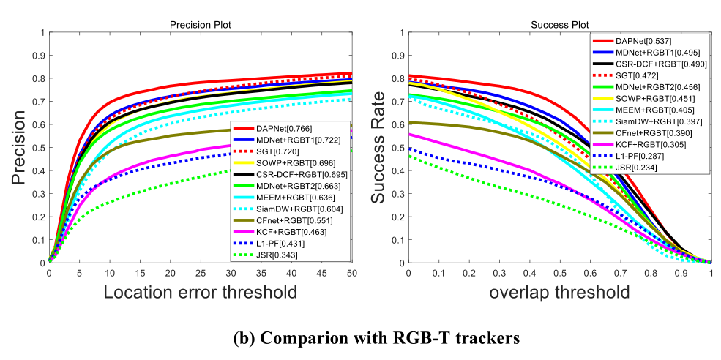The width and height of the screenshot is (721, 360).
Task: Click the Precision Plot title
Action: pos(200,24)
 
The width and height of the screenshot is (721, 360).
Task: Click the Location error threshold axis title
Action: pos(200,292)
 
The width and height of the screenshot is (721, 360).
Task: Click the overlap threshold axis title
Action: pos(559,292)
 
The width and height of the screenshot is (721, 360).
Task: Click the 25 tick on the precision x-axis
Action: pos(200,272)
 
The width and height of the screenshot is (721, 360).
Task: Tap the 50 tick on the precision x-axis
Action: pos(351,272)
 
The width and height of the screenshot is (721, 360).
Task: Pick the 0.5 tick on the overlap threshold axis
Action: pos(559,272)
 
